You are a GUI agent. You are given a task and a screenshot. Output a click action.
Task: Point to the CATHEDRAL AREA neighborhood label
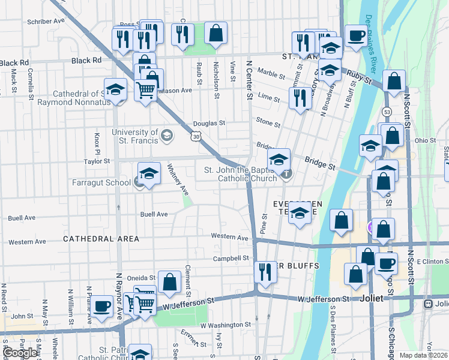click(x=101, y=239)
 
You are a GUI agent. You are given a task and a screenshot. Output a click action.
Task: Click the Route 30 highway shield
click(x=196, y=137)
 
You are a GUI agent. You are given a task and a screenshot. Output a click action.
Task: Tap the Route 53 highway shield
click(x=387, y=112)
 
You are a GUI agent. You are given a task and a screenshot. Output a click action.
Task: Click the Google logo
click(x=20, y=353)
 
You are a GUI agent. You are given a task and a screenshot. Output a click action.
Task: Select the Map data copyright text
click(x=423, y=355)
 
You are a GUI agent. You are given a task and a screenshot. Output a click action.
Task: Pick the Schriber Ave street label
click(x=46, y=21)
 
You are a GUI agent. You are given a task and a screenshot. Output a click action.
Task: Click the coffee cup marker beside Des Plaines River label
click(x=356, y=36)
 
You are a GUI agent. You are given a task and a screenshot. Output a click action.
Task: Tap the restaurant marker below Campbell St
click(x=263, y=272)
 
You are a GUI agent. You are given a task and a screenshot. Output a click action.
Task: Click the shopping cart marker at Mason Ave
click(x=146, y=91)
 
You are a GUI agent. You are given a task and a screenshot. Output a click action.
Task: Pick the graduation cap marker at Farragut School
click(x=149, y=174)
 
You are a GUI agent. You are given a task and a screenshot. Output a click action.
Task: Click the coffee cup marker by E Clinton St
click(x=386, y=263)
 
